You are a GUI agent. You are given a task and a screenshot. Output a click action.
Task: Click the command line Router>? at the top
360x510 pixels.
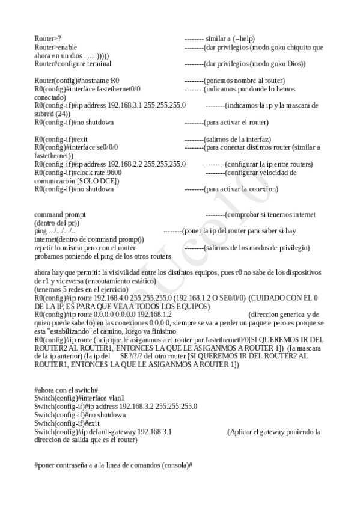tap(47, 38)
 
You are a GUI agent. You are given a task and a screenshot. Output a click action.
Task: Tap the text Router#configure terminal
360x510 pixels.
tap(73, 64)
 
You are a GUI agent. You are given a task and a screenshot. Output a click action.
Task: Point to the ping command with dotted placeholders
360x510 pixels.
tap(55, 231)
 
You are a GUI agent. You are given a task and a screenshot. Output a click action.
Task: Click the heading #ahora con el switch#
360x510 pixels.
tap(66, 390)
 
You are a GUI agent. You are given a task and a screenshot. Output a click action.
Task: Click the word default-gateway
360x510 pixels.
tap(112, 432)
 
